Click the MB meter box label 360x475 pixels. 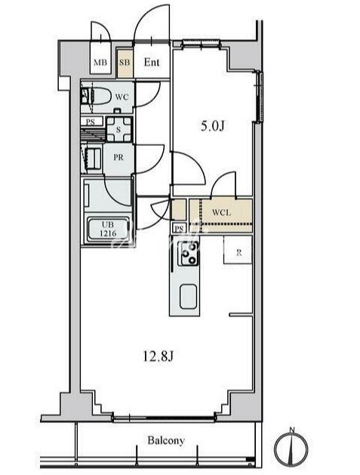click(x=100, y=63)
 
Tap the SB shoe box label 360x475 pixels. click(x=125, y=63)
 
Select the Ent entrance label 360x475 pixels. click(x=152, y=62)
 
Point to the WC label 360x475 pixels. click(x=122, y=97)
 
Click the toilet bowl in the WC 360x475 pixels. click(x=98, y=96)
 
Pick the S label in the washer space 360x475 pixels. click(x=118, y=130)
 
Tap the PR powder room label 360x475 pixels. click(x=118, y=158)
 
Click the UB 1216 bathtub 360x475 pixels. click(x=108, y=230)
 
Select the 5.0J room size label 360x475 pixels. click(x=213, y=125)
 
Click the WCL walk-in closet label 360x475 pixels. click(x=221, y=212)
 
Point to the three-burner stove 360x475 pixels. click(x=188, y=253)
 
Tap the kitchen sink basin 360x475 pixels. click(x=188, y=297)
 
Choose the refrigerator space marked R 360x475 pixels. click(x=238, y=250)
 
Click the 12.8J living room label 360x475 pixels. click(x=158, y=357)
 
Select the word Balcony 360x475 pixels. click(x=166, y=440)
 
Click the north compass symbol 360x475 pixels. click(x=291, y=447)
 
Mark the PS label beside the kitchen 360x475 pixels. click(x=179, y=228)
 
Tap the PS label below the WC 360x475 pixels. click(x=91, y=122)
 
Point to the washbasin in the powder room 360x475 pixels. click(x=94, y=158)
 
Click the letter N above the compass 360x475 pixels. click(x=292, y=430)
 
